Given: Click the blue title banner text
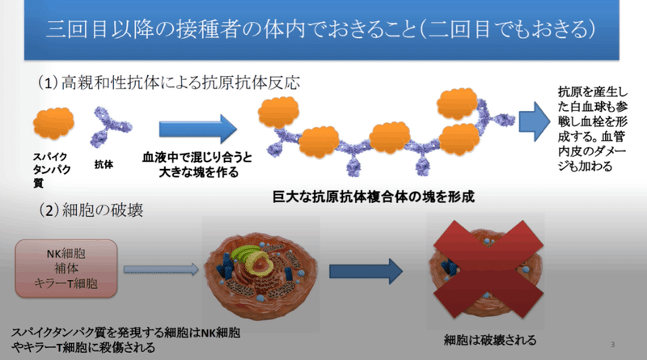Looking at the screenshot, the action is tap(320, 30).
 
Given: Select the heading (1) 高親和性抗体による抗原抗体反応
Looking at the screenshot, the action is tap(169, 83).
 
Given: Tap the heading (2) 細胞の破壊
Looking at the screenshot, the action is tap(91, 210).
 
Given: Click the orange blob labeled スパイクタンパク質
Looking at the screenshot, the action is tap(53, 123).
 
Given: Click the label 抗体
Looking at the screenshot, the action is tap(104, 164).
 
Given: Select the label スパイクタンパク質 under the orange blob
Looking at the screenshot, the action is tap(52, 170).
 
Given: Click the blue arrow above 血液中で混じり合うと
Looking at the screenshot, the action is tap(198, 129).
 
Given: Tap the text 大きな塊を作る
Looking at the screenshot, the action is tap(198, 172).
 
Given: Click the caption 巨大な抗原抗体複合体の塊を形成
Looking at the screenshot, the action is tap(374, 197).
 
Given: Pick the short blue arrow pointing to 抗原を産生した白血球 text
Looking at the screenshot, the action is tap(535, 122).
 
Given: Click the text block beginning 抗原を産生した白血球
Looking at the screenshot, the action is tap(593, 129).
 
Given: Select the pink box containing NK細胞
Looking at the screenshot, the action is tap(66, 269).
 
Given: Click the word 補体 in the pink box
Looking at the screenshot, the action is tap(66, 269).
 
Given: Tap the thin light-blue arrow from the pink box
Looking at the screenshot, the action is tap(161, 269).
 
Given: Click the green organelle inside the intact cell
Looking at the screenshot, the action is tap(247, 256).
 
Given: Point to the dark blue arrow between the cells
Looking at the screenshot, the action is tap(366, 271).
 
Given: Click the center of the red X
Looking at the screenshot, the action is tap(488, 269).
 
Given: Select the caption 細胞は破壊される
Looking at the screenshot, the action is tap(490, 340).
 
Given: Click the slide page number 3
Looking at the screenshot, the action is tap(613, 345).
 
